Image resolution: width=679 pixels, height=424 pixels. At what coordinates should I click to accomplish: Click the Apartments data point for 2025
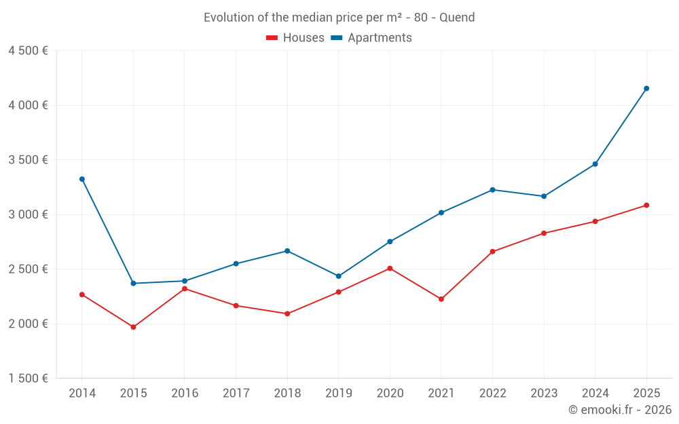[x=646, y=88]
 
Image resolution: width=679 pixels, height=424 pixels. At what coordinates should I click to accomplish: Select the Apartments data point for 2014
[x=82, y=179]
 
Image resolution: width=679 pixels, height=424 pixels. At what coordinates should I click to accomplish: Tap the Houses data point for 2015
[x=133, y=327]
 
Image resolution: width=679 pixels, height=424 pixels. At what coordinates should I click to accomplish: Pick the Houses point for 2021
[x=441, y=299]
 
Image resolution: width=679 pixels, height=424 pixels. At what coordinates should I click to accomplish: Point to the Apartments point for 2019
[x=338, y=276]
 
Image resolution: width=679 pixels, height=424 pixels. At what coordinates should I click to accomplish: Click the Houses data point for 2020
[x=390, y=269]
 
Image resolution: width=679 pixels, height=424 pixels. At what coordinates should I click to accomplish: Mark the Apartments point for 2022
[x=492, y=190]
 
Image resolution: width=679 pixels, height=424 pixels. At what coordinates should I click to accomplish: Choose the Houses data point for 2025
[x=646, y=205]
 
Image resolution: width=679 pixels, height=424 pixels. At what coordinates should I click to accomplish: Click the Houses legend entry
[x=295, y=38]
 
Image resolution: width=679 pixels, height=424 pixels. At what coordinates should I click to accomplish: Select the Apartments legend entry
[x=371, y=38]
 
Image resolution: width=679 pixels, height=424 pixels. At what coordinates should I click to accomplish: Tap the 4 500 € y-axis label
[x=28, y=51]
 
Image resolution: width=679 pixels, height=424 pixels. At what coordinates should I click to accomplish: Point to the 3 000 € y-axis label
[x=28, y=214]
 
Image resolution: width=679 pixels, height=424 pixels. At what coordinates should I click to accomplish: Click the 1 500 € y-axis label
[x=28, y=379]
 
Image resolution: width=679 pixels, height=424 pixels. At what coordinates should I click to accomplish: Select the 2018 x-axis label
[x=287, y=393]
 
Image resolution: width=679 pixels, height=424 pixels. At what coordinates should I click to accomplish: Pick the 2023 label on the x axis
[x=544, y=393]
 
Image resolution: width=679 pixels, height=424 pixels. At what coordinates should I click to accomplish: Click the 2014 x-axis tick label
[x=82, y=393]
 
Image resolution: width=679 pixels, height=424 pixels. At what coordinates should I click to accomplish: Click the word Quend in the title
[x=457, y=17]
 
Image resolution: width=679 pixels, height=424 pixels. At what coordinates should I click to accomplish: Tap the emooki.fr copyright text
[x=620, y=410]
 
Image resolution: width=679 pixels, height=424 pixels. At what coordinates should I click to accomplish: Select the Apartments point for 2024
[x=595, y=164]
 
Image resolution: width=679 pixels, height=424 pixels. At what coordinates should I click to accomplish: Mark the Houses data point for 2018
[x=287, y=313]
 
